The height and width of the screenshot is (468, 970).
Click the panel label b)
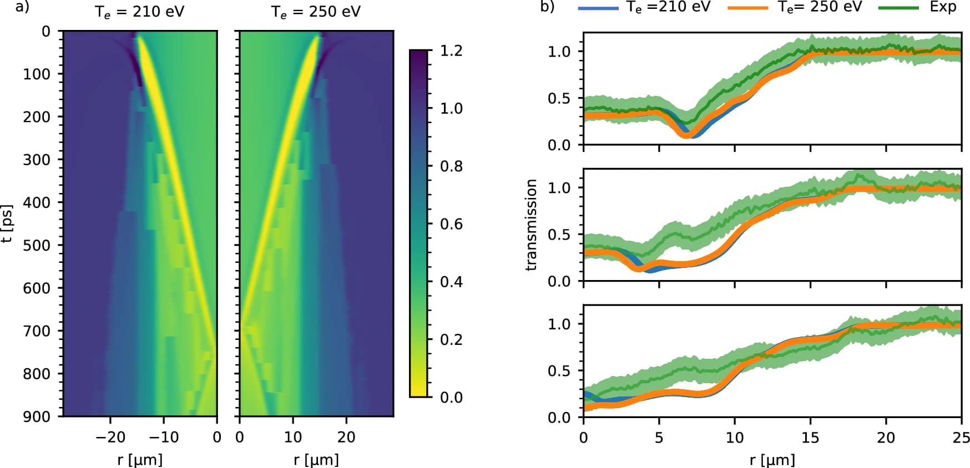547,7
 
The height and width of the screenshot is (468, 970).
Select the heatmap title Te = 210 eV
139,12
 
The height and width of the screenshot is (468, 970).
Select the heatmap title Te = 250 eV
316,12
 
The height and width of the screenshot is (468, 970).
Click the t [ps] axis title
7,223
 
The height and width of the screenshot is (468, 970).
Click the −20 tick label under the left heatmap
110,437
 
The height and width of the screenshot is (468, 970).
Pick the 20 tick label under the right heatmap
346,437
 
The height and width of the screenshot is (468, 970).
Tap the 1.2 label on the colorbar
451,51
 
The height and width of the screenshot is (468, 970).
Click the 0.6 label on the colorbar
451,224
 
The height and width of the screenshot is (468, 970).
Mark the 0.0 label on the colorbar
451,397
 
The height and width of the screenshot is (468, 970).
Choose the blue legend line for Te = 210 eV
598,8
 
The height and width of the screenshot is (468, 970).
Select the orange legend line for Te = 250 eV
747,8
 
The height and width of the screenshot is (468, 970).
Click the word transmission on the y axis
531,225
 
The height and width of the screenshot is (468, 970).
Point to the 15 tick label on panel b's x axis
810,438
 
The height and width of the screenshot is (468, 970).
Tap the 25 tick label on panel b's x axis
961,438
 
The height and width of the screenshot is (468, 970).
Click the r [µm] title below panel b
772,460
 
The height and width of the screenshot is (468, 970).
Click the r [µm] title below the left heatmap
140,460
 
